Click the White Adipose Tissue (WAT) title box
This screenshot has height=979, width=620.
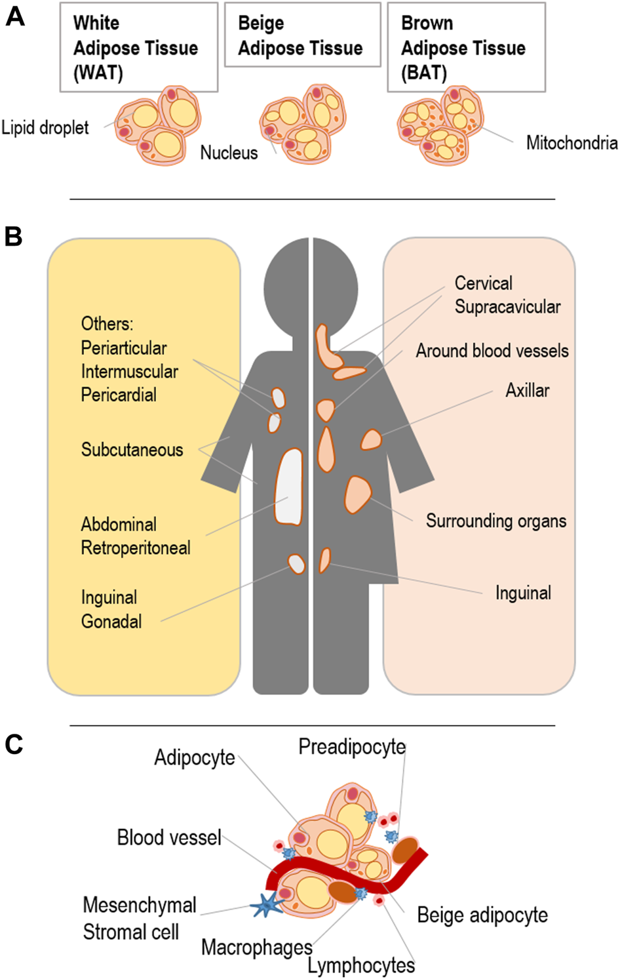pyautogui.click(x=138, y=47)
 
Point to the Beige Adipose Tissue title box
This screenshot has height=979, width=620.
pyautogui.click(x=302, y=35)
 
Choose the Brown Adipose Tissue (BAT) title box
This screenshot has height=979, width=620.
pyautogui.click(x=466, y=47)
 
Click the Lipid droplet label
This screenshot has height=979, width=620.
pyautogui.click(x=45, y=127)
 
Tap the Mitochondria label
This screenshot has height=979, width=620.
pyautogui.click(x=572, y=143)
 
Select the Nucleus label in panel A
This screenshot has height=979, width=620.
pyautogui.click(x=229, y=153)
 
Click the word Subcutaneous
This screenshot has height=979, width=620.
pyautogui.click(x=132, y=450)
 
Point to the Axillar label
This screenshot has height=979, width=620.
pyautogui.click(x=527, y=391)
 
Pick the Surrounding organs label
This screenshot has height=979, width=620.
pyautogui.click(x=496, y=521)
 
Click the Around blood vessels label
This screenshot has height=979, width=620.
pyautogui.click(x=492, y=351)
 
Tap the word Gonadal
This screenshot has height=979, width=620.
pyautogui.click(x=111, y=622)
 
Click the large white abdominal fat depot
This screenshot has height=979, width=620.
pyautogui.click(x=289, y=487)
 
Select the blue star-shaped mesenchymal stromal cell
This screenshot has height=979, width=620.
pyautogui.click(x=267, y=905)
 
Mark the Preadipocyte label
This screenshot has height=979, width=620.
pyautogui.click(x=352, y=747)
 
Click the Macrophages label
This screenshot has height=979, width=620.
pyautogui.click(x=257, y=947)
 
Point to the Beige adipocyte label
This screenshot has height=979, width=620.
pyautogui.click(x=482, y=915)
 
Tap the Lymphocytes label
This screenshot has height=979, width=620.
pyautogui.click(x=361, y=965)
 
